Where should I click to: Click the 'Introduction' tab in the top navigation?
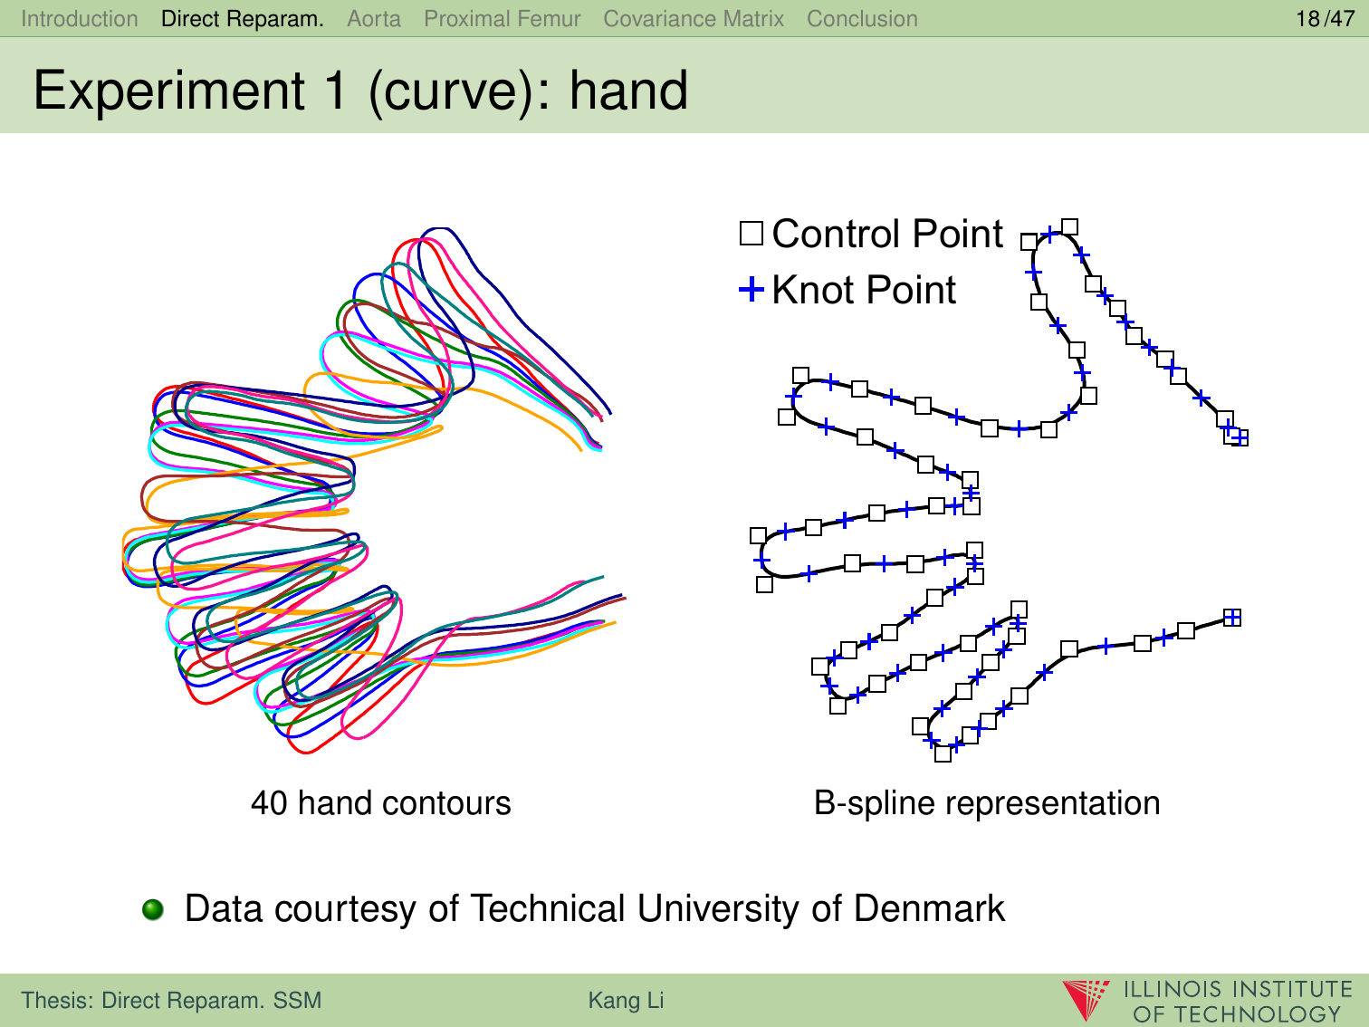click(80, 19)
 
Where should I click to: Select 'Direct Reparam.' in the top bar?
click(243, 19)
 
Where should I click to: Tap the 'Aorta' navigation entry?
click(374, 19)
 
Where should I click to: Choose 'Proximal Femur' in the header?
click(503, 19)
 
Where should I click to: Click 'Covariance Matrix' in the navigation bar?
click(694, 19)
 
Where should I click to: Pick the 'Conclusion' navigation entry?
click(862, 19)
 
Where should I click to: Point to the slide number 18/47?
click(1326, 19)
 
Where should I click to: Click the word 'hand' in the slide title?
click(628, 91)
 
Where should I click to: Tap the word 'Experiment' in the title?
click(169, 91)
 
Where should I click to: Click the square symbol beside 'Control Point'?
click(752, 234)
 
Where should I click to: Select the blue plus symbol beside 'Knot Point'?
click(752, 289)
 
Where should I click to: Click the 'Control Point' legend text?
click(887, 234)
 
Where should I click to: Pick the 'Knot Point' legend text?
click(864, 290)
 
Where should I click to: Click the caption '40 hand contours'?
click(381, 802)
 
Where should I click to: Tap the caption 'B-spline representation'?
click(987, 802)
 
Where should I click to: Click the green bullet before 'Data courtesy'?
click(153, 910)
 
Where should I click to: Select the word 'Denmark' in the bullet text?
click(929, 908)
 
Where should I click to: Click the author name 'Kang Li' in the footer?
click(627, 1000)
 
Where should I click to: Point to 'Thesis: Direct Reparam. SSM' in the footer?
click(171, 1000)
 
